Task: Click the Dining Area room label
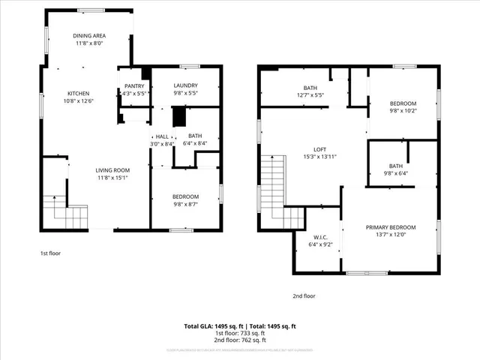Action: point(89,36)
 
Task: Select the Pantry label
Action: point(134,85)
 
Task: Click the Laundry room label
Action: point(185,85)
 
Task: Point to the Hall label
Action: point(162,136)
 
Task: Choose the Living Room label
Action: point(112,169)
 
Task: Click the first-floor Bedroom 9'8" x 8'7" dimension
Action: point(185,204)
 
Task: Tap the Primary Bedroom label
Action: point(390,227)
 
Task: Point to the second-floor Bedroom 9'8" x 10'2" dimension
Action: point(403,111)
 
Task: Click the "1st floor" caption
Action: point(50,253)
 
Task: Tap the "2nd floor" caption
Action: point(304,295)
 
